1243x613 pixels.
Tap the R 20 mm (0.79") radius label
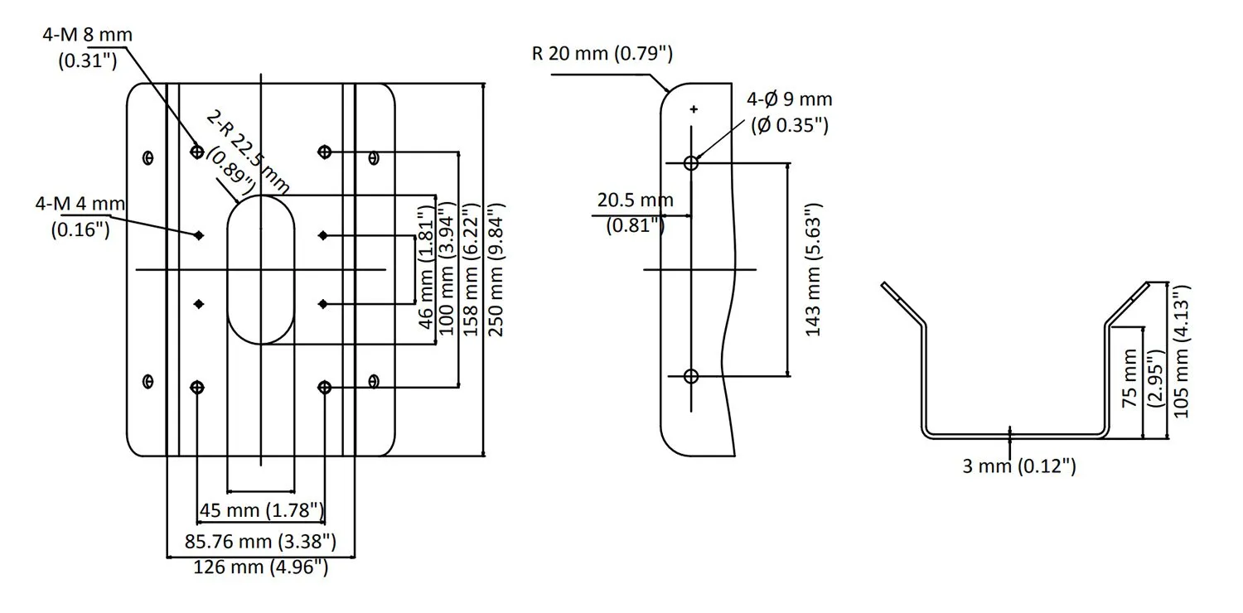tap(602, 55)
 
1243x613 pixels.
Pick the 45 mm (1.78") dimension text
tap(260, 510)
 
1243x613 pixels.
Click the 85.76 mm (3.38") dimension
tap(260, 542)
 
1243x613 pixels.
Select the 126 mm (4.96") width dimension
tap(260, 567)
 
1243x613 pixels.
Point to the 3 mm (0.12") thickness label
tap(1019, 466)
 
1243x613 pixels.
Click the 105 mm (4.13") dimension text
tap(1182, 350)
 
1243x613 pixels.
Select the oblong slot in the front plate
tap(260, 269)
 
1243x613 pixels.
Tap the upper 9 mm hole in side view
tap(692, 163)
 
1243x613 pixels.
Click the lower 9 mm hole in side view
tap(692, 376)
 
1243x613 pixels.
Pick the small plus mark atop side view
tap(694, 109)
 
